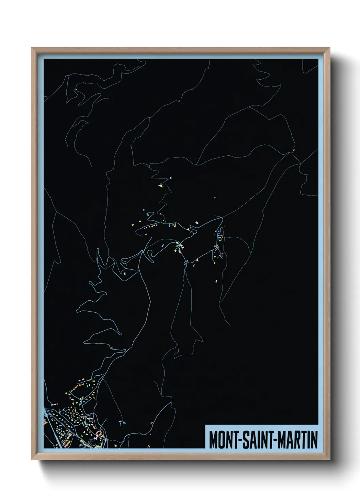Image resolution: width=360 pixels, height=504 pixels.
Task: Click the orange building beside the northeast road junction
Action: pos(293,149)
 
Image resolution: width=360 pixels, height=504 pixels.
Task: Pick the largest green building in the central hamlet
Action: pos(196,223)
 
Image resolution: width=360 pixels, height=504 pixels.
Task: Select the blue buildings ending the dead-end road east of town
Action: pos(121,423)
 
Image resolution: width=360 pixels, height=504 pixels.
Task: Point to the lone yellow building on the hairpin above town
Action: pos(111,348)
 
